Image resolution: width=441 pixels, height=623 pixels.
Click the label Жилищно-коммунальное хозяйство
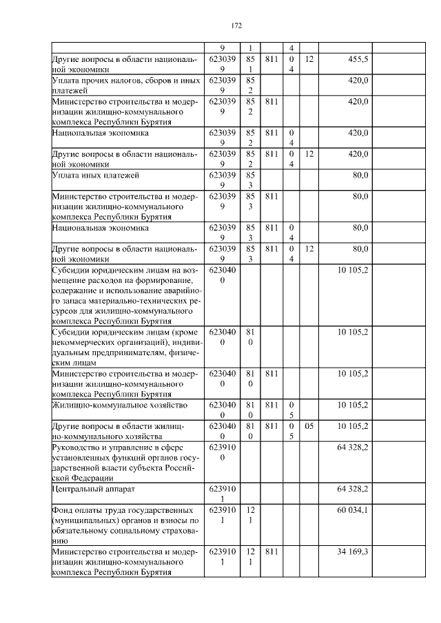112,404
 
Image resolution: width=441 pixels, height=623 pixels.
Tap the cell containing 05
309,426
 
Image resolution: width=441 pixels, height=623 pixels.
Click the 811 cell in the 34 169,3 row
271,551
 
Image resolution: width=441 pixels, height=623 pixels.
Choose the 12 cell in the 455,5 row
309,60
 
